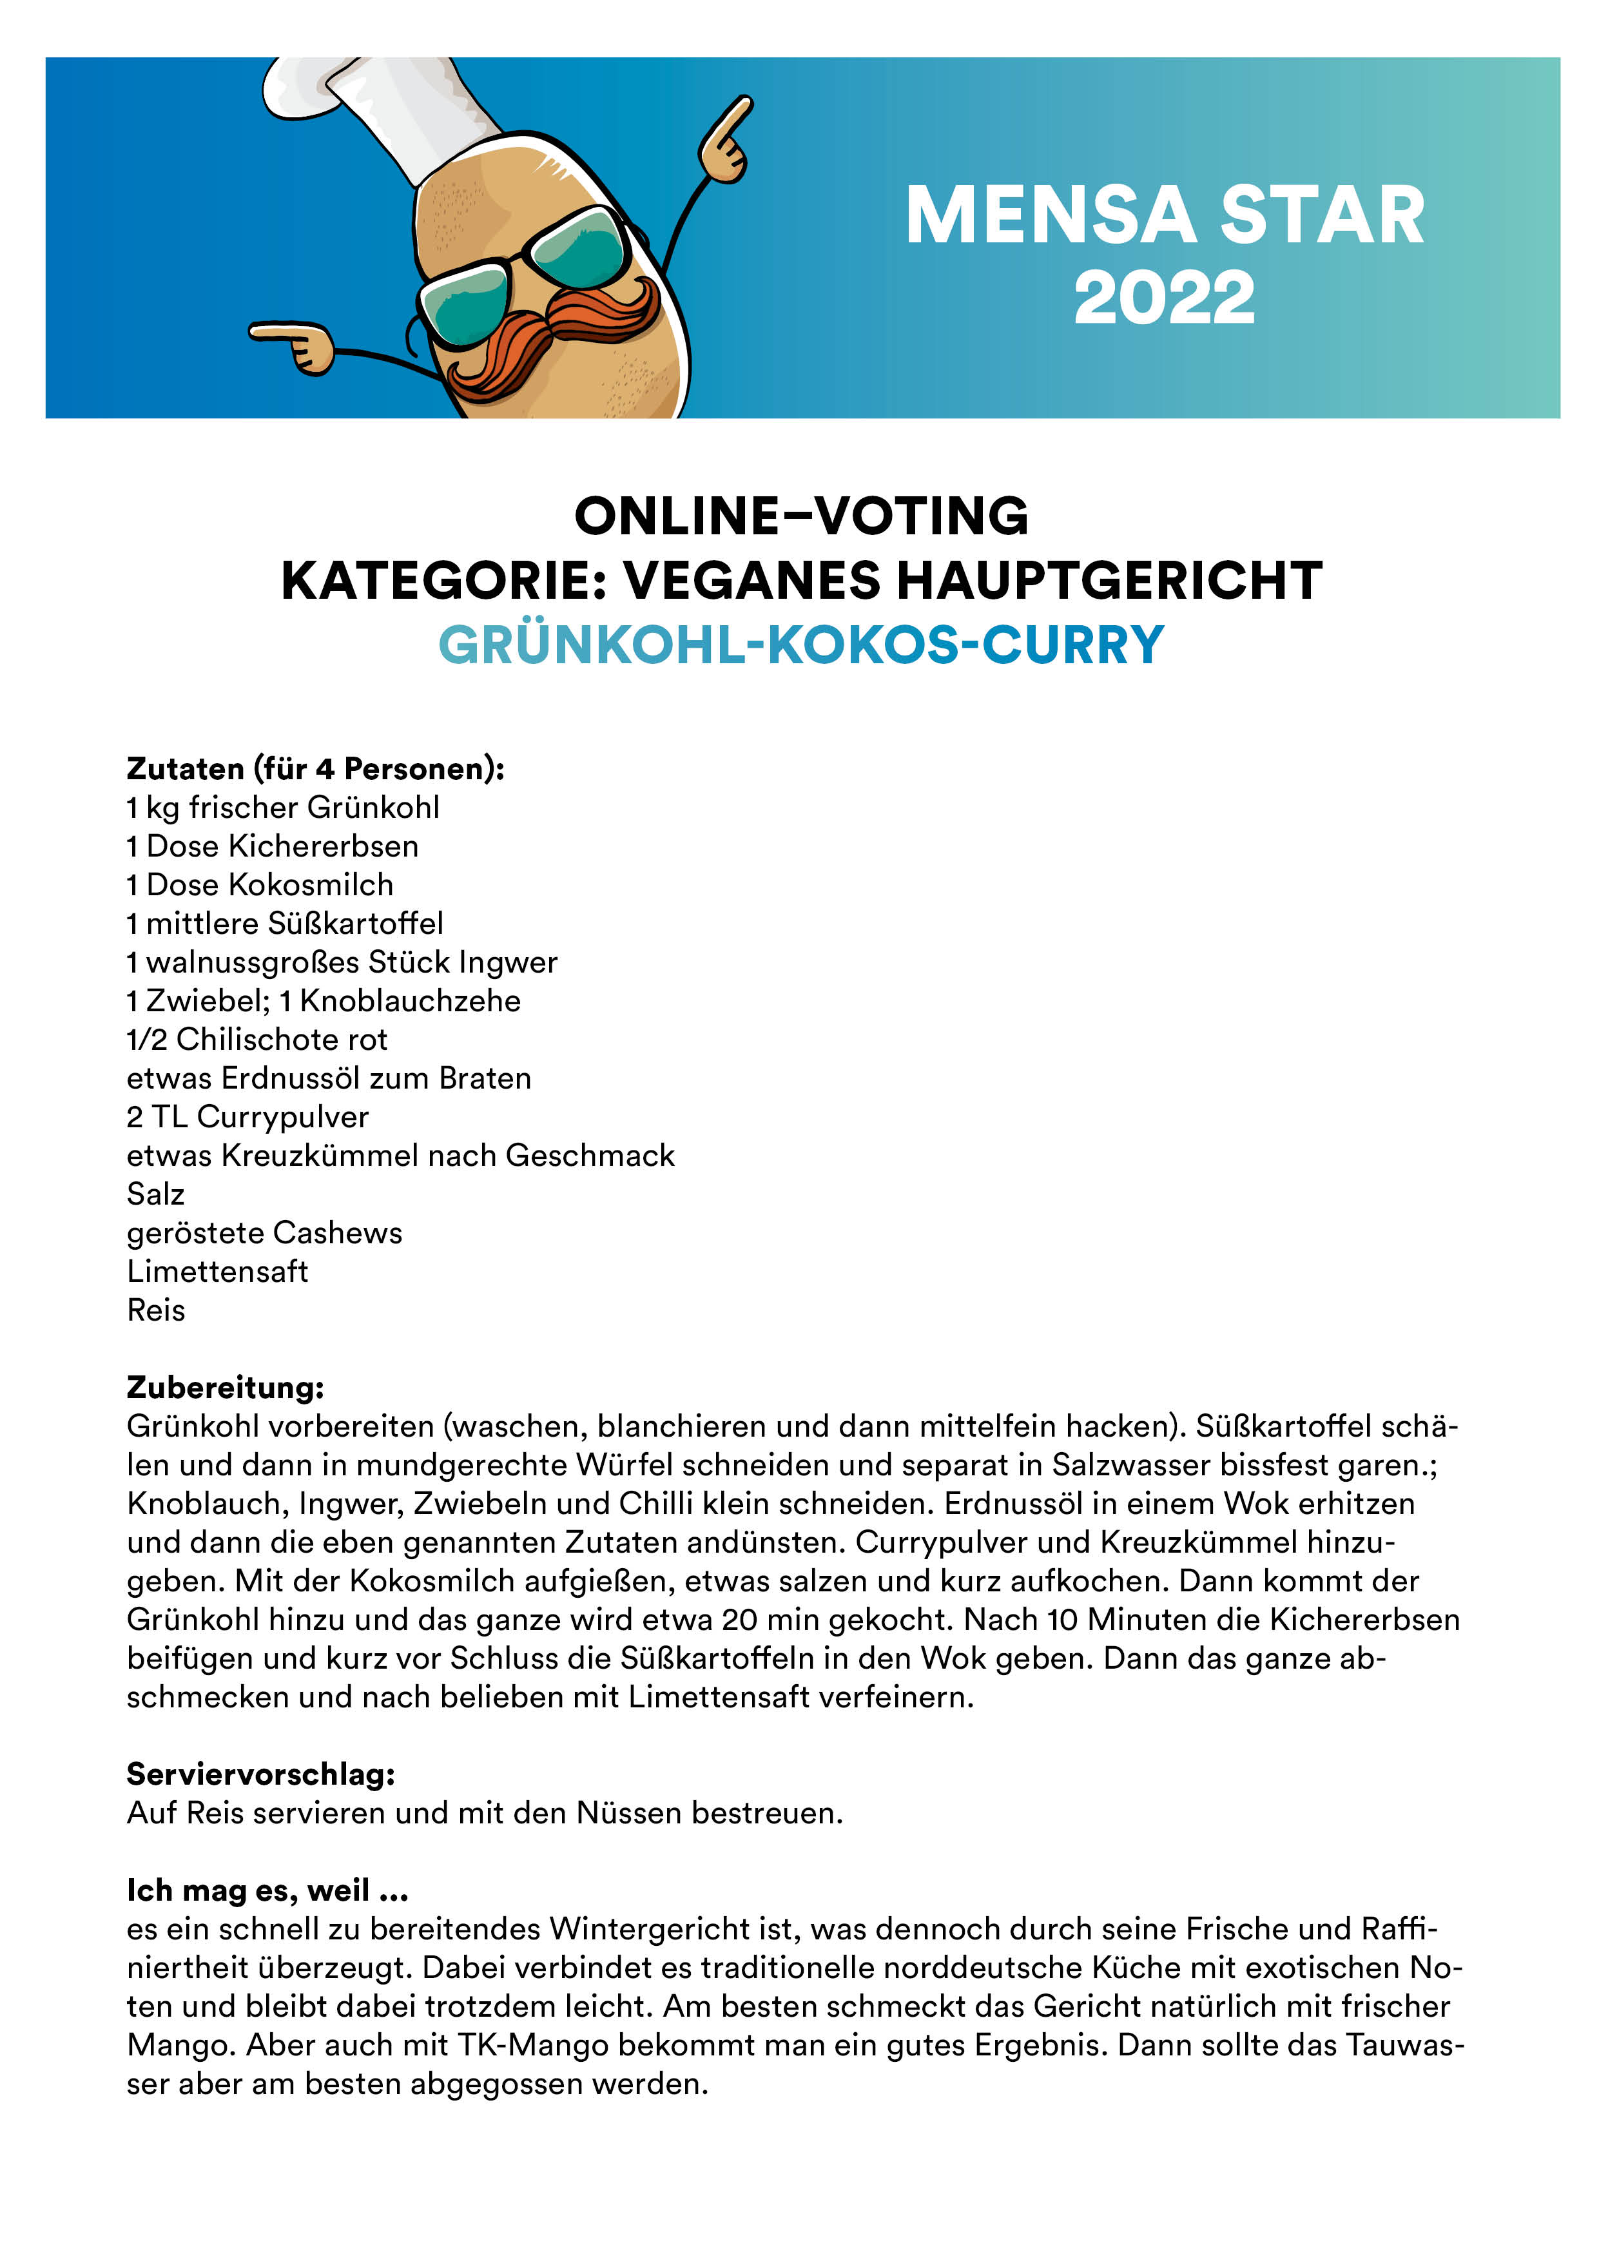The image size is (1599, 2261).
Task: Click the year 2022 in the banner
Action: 1164,298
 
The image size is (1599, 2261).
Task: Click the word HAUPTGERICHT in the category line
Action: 1110,580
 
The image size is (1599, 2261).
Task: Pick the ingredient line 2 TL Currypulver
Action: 247,1117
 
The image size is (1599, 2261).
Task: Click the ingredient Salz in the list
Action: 155,1194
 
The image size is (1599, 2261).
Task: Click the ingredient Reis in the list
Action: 155,1311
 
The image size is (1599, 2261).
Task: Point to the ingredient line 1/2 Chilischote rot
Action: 257,1040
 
